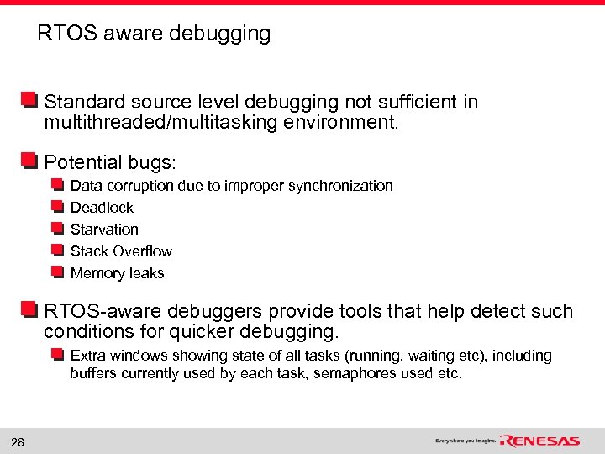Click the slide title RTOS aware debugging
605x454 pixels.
tap(154, 34)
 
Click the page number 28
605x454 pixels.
tap(17, 442)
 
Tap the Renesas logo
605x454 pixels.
tap(539, 441)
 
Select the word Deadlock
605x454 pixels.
tap(102, 208)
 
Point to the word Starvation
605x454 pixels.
tap(104, 230)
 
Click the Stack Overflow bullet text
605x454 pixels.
tap(121, 251)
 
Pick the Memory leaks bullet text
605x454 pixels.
tap(117, 273)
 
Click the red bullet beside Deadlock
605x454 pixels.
tap(57, 207)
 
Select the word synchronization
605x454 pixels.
tap(340, 186)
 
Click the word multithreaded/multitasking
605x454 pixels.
tap(166, 124)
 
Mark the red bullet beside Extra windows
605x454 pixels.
tap(57, 355)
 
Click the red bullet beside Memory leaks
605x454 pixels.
tap(57, 272)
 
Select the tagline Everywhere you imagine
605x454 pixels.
tap(465, 441)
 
